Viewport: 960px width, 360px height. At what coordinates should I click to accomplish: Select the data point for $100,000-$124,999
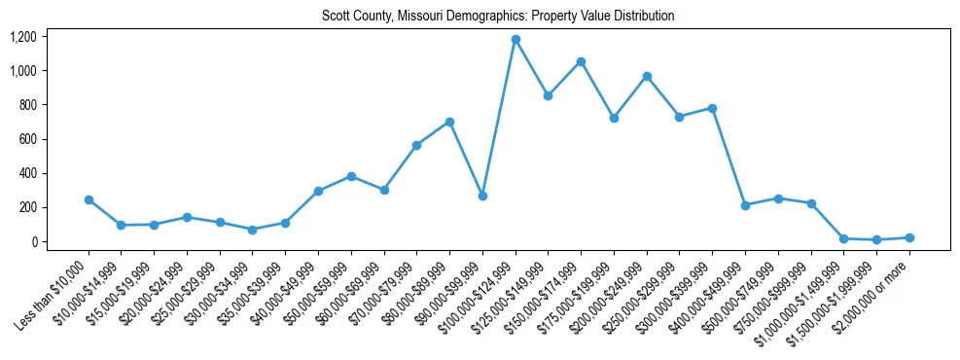[516, 40]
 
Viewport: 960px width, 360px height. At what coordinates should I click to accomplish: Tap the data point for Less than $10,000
[89, 199]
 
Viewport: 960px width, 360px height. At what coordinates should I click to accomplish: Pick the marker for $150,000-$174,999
[581, 61]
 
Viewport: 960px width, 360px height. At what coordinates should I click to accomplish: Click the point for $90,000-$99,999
[482, 196]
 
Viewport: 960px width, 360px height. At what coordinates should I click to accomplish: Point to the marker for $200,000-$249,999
[647, 76]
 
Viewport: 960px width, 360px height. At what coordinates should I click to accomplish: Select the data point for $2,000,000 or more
[909, 237]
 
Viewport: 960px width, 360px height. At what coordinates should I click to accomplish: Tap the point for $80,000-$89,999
[449, 122]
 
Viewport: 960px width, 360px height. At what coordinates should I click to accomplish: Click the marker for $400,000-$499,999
[745, 205]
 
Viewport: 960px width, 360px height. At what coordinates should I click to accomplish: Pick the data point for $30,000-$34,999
[253, 230]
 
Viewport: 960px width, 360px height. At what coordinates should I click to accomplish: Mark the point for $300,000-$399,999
[712, 108]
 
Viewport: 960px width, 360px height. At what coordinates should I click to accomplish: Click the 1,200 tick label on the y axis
[22, 37]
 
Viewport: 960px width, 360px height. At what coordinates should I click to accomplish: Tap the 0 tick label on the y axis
[33, 241]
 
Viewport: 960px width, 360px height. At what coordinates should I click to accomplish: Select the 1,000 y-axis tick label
[22, 71]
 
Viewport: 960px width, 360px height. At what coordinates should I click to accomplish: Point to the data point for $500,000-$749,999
[778, 198]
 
